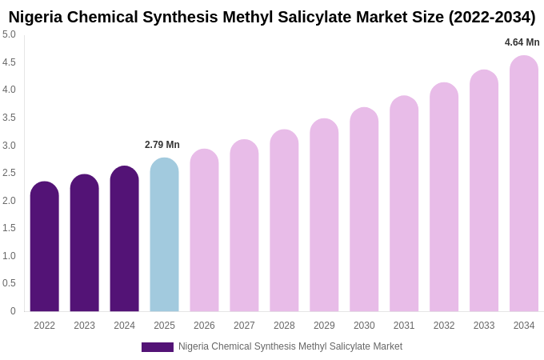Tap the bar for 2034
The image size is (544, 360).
[x=524, y=183]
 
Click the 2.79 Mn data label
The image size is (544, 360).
[x=162, y=145]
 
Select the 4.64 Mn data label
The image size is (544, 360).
[x=522, y=42]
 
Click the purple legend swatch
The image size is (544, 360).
[x=158, y=347]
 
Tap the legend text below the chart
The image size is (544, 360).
[x=290, y=346]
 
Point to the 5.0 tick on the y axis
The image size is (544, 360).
[x=9, y=34]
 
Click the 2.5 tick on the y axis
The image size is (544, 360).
[x=9, y=173]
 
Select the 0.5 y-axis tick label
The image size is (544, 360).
[x=9, y=283]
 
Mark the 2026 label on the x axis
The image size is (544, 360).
[x=204, y=326]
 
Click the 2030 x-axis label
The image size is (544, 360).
[x=364, y=326]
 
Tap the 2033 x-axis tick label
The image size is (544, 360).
[x=484, y=326]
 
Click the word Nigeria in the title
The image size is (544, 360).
[x=36, y=17]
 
